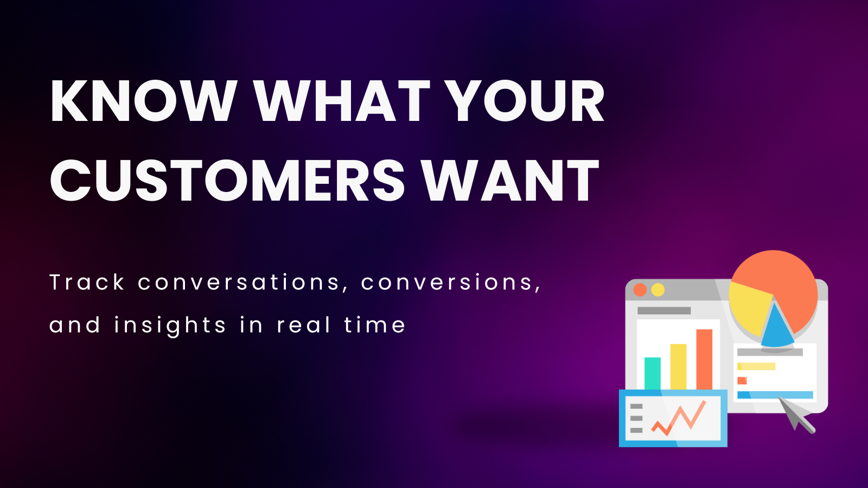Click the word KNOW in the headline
pos(143,101)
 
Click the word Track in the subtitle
pos(87,282)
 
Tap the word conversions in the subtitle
pos(451,282)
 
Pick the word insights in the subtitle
pos(170,325)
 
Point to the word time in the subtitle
pos(375,325)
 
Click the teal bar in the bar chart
pos(653,374)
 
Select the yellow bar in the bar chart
pos(679,367)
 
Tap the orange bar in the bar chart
pos(705,359)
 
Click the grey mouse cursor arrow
pos(794,413)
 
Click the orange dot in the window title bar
pos(640,290)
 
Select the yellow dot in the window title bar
pos(658,290)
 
